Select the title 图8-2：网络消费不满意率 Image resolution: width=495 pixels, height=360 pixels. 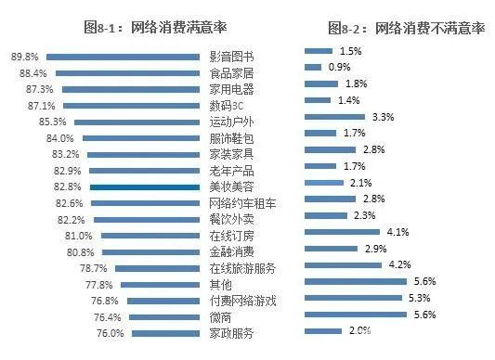tap(407, 27)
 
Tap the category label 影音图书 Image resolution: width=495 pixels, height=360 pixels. tap(231, 57)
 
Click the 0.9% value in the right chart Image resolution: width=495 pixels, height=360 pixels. tap(339, 67)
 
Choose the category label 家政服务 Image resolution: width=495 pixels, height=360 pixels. tap(231, 333)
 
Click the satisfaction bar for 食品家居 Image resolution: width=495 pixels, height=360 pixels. tap(127, 73)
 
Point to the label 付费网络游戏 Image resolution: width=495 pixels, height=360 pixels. tap(243, 301)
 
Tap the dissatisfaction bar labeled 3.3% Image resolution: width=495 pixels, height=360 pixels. tap(335, 117)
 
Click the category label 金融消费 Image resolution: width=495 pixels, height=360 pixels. tap(231, 252)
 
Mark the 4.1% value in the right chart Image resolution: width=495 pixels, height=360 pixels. tap(397, 232)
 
